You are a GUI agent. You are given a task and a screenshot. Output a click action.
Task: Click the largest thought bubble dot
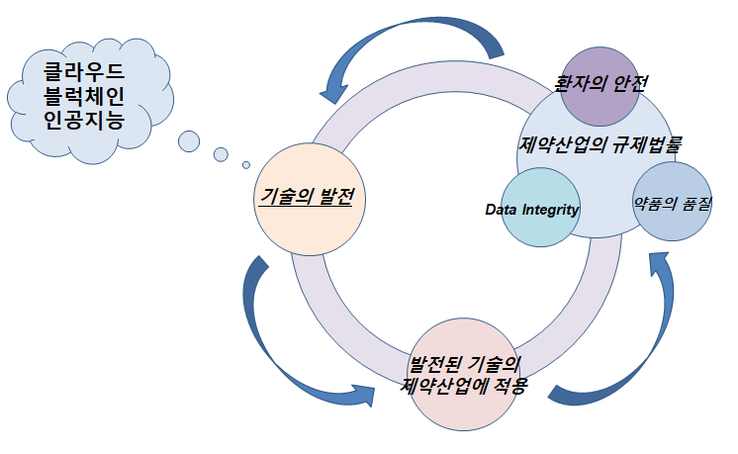[x=188, y=140]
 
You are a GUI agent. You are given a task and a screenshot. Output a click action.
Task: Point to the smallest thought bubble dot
[x=246, y=164]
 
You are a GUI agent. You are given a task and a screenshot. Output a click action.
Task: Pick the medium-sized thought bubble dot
[x=221, y=153]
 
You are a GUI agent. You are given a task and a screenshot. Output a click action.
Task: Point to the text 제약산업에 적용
[x=465, y=385]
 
